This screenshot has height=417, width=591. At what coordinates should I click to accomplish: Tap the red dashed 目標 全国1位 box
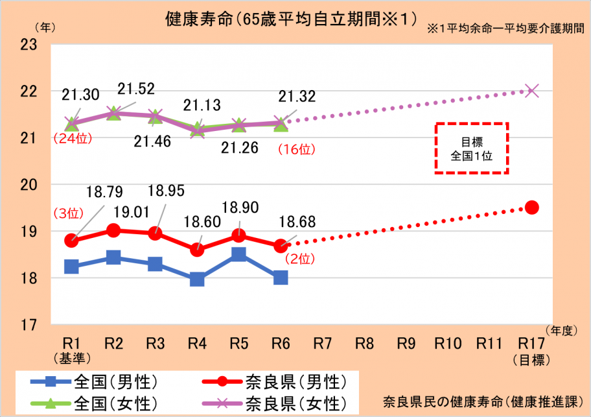[472, 148]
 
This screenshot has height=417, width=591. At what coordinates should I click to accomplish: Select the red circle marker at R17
[532, 208]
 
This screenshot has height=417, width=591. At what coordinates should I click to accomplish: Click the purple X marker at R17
[532, 91]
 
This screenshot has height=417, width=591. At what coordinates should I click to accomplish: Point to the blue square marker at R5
[238, 254]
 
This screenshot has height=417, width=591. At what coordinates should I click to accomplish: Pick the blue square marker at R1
[71, 267]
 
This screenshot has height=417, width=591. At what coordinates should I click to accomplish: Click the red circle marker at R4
[197, 250]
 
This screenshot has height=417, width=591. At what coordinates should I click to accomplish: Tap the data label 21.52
[136, 89]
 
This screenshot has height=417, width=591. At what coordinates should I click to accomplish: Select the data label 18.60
[201, 222]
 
